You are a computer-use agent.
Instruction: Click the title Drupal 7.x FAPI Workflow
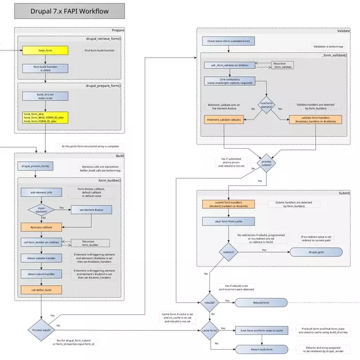(70, 11)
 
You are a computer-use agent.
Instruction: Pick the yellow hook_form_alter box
(46, 118)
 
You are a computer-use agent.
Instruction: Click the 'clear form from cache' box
(228, 221)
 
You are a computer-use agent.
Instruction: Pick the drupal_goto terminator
(314, 253)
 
